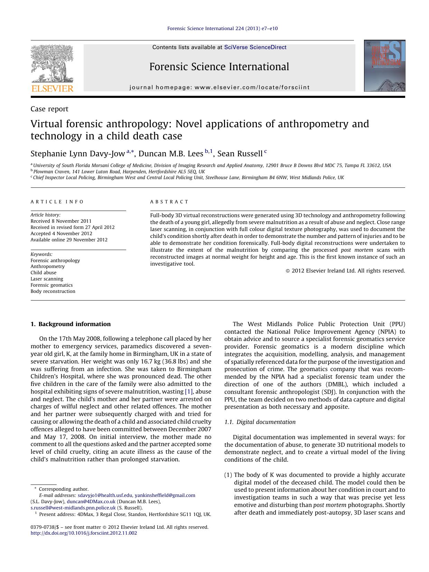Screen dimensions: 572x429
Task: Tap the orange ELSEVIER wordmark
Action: tap(52, 89)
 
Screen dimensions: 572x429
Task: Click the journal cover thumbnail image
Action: tap(384, 66)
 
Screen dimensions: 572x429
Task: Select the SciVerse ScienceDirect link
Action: tap(255, 47)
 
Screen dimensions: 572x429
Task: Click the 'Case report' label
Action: tap(49, 109)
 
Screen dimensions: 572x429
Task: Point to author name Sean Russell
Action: tap(240, 154)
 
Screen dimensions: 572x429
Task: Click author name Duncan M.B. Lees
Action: tap(171, 154)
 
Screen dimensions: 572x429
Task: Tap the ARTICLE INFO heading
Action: tap(57, 202)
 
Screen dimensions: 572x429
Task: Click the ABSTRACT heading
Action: tap(169, 202)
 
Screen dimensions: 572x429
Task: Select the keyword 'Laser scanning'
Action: tap(47, 279)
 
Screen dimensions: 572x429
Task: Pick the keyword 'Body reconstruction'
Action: tap(53, 291)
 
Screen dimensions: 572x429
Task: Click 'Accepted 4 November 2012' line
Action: tap(61, 233)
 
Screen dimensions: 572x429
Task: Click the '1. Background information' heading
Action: tap(71, 324)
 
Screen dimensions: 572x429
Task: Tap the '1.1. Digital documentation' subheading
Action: tap(260, 422)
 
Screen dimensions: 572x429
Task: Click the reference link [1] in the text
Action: tap(189, 391)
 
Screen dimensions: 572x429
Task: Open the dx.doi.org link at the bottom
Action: tap(84, 533)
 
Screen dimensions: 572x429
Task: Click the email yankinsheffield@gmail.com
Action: tap(165, 495)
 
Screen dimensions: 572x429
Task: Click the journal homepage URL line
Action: tap(220, 87)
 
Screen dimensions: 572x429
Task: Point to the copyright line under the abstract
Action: tap(345, 271)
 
